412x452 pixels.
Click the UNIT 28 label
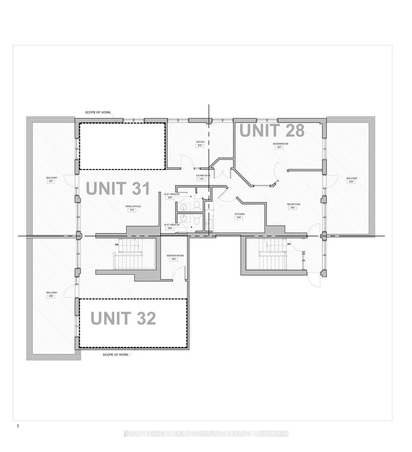(272, 130)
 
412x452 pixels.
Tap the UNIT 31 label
(118, 188)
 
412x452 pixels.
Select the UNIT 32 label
(123, 318)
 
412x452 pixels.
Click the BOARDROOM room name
(280, 144)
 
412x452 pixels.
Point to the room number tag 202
(200, 146)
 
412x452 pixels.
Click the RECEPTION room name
(293, 204)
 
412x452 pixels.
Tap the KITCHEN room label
(239, 214)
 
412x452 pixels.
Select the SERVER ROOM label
(175, 256)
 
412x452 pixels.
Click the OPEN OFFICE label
(133, 206)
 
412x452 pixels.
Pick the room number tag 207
(51, 181)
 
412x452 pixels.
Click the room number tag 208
(51, 296)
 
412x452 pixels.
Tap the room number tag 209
(351, 182)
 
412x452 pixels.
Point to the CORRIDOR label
(203, 175)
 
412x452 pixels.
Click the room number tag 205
(170, 198)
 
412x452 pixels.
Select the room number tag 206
(170, 228)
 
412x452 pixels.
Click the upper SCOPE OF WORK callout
(98, 112)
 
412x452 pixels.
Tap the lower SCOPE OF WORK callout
(115, 355)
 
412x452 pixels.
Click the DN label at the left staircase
(117, 245)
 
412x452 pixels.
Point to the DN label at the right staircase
(289, 244)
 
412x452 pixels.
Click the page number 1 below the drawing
(18, 426)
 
